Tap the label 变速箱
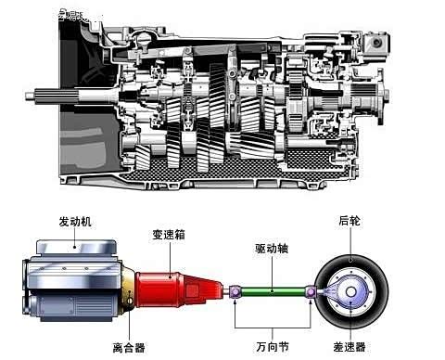[170, 236]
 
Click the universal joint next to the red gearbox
[235, 292]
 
